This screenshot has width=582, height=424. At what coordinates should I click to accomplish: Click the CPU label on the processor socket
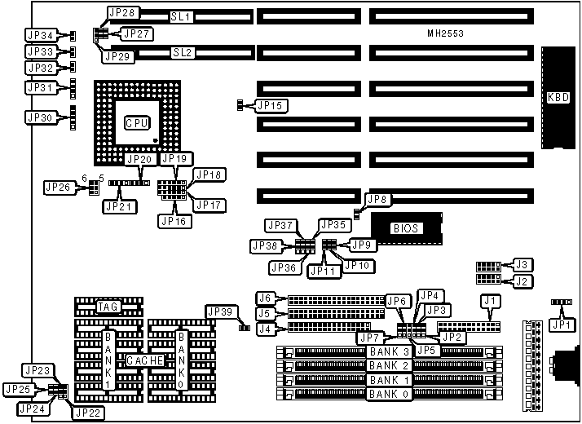(x=136, y=122)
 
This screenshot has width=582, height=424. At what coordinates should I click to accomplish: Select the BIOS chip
(x=405, y=228)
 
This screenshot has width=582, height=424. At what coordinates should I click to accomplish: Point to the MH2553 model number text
(x=451, y=34)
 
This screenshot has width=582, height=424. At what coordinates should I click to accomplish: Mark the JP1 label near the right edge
(x=558, y=324)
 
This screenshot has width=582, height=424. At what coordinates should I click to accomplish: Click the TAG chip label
(x=108, y=307)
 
